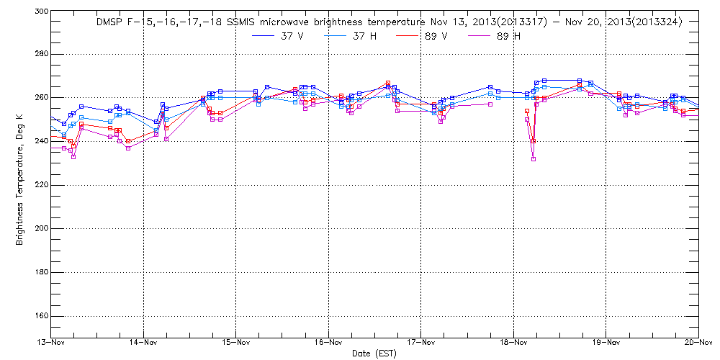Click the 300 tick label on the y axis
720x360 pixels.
(x=40, y=12)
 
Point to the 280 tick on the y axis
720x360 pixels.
(x=40, y=55)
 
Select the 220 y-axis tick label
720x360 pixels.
(x=40, y=185)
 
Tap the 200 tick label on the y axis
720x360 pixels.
(x=40, y=228)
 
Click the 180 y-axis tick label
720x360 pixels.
(x=40, y=272)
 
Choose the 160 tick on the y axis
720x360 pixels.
(x=40, y=316)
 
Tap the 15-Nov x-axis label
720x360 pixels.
(x=236, y=343)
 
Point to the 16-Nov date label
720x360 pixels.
(x=328, y=343)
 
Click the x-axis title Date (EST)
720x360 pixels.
(x=374, y=354)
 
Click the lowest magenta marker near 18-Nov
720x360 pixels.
(x=534, y=159)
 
